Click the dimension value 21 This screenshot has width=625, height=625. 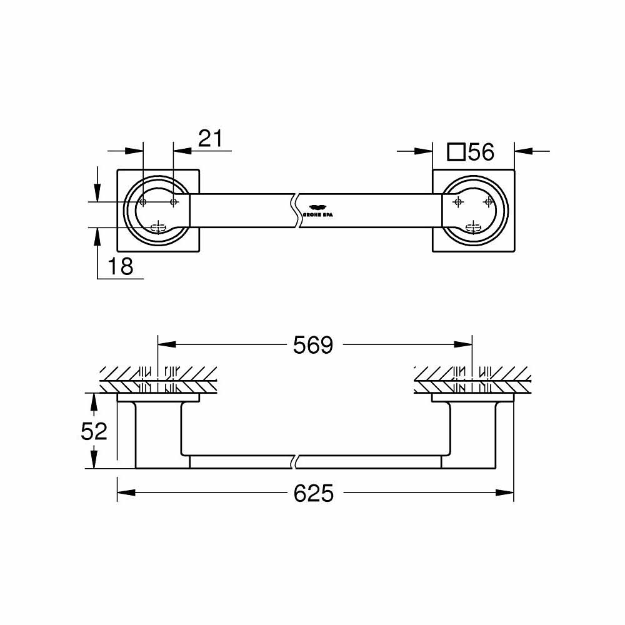(210, 139)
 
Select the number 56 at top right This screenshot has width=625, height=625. (481, 152)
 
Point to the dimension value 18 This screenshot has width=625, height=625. (120, 267)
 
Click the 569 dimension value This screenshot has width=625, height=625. (314, 346)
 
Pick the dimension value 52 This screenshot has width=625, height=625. (94, 431)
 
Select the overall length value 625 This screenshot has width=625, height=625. (314, 494)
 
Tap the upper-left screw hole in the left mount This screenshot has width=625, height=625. (142, 202)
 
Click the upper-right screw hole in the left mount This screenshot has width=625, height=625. (174, 202)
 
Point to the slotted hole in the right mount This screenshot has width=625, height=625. (474, 226)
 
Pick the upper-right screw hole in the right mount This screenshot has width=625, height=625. (489, 202)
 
